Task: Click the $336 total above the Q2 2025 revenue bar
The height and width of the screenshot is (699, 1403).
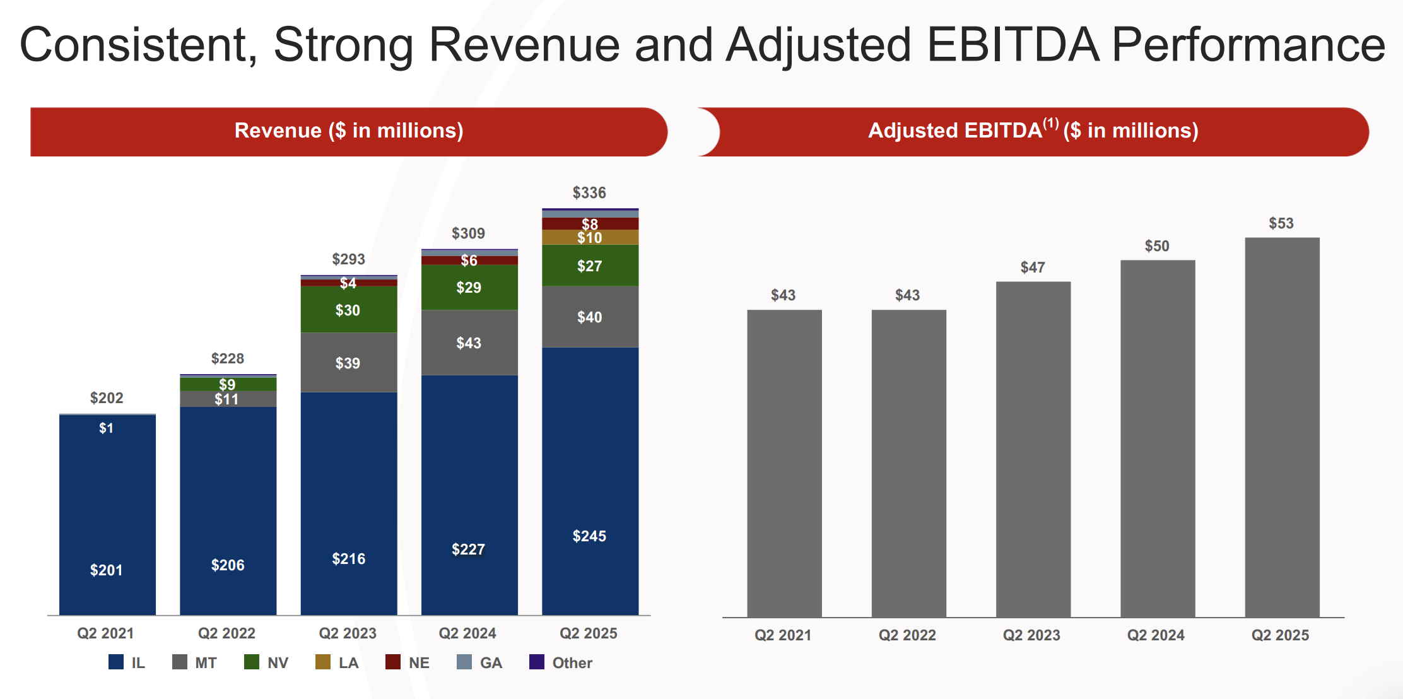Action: [589, 193]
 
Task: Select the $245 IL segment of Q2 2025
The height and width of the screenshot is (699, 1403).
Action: [590, 479]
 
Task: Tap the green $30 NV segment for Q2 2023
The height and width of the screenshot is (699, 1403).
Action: [348, 310]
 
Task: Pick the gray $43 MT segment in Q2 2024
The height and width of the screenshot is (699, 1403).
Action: [469, 343]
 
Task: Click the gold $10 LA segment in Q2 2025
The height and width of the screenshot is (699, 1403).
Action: [590, 237]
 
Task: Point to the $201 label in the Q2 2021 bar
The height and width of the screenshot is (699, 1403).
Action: [106, 570]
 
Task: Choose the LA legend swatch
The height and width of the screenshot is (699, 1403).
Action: [323, 662]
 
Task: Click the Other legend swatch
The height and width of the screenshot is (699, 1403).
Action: [537, 662]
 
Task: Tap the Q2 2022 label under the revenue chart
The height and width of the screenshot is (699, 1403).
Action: [226, 633]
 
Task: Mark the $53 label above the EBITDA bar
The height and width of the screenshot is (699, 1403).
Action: [1281, 223]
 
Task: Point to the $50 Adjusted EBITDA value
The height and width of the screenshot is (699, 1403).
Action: [1157, 246]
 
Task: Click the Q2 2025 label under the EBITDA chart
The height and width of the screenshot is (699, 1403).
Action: [1280, 635]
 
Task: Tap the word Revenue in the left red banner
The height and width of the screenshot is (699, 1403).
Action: [278, 131]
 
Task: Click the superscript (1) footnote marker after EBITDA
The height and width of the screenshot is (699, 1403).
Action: [1051, 123]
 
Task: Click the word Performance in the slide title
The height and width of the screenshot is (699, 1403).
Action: [1248, 45]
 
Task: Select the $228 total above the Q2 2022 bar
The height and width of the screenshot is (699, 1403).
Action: [227, 358]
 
